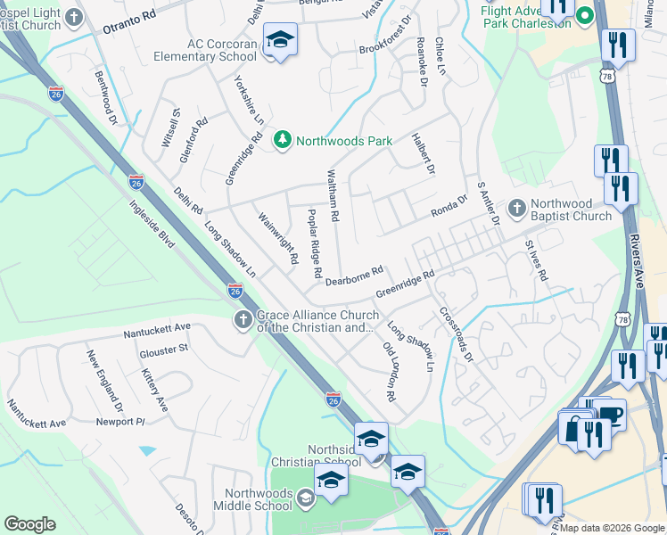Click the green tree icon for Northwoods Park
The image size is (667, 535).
coord(283,140)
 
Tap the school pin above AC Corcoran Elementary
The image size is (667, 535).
coord(281,40)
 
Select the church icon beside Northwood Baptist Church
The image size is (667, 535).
coord(516,208)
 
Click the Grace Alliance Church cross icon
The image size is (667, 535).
coord(243,320)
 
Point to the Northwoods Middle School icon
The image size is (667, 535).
coord(306,498)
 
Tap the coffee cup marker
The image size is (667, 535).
coord(611,415)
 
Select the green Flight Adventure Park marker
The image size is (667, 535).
coord(585,15)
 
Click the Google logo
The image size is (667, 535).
coord(29,524)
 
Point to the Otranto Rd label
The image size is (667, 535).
coord(129,16)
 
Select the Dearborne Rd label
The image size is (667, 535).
coord(354,275)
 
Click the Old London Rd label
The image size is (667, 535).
coord(389,370)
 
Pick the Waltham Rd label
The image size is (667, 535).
coord(332,195)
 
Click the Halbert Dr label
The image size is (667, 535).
coord(423,153)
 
